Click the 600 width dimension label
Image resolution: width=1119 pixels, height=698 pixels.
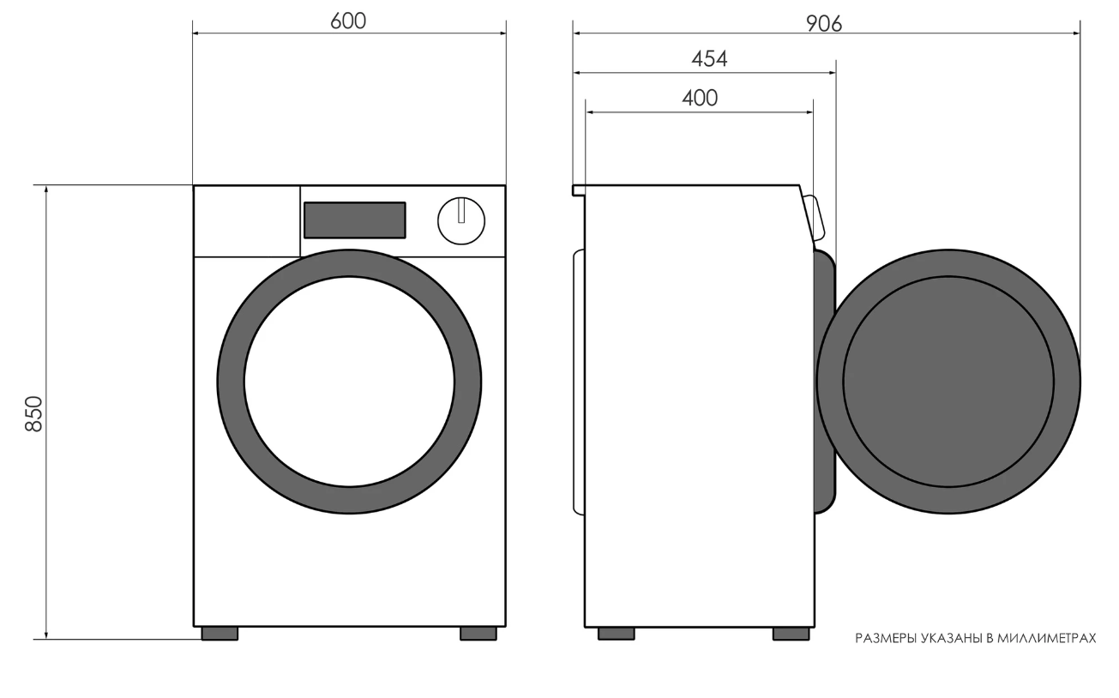point(348,21)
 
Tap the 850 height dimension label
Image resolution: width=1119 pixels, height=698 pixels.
point(34,413)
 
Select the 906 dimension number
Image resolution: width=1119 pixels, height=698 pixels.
point(824,24)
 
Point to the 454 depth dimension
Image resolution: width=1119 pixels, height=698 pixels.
point(709,59)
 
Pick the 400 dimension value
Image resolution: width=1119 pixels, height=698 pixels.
point(700,98)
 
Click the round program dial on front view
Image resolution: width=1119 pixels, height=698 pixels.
point(461,221)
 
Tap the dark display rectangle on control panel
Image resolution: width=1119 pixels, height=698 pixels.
point(355,220)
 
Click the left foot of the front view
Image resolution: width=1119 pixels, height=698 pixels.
point(220,634)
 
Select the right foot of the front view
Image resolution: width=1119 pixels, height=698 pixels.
point(478,634)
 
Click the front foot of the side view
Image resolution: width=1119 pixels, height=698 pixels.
point(791,634)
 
